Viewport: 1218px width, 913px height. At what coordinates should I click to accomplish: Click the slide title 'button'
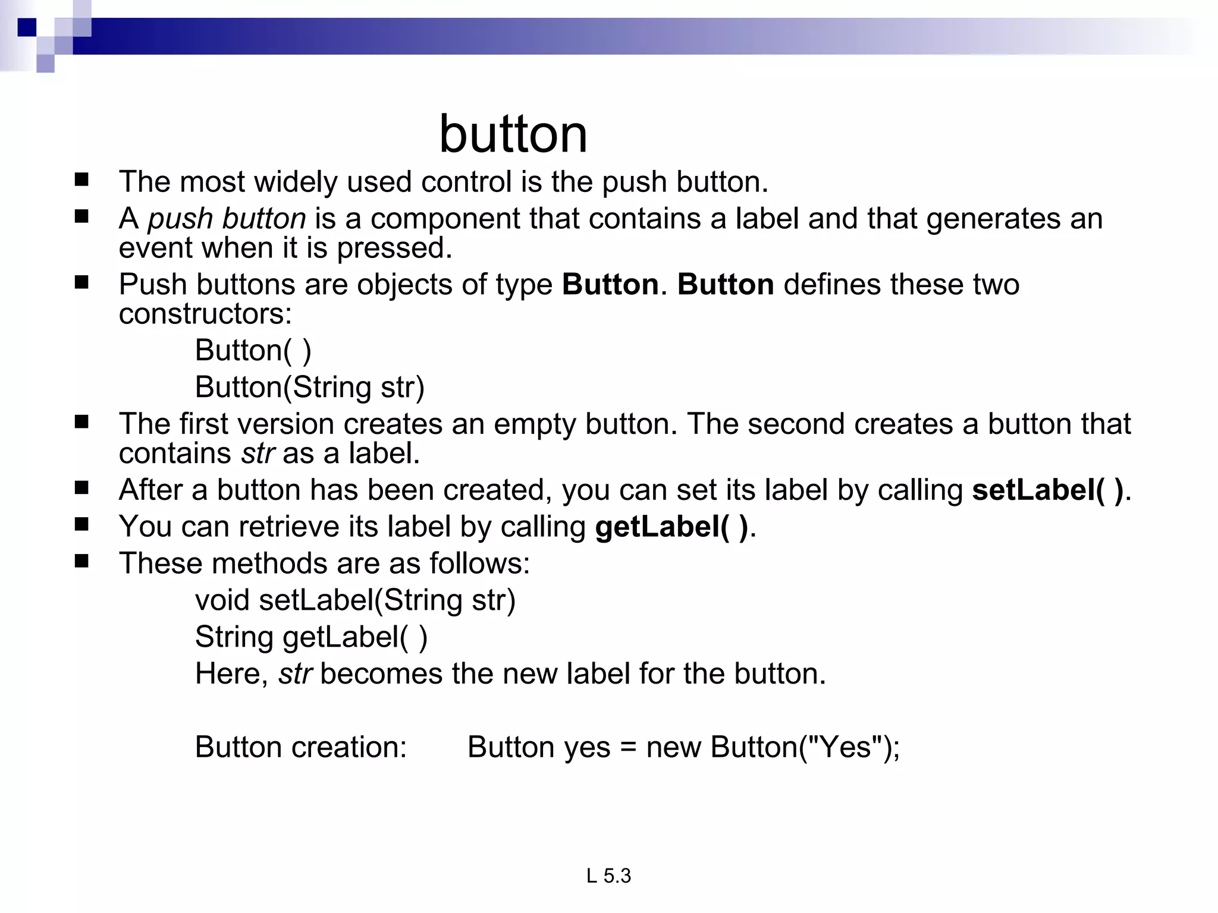click(513, 134)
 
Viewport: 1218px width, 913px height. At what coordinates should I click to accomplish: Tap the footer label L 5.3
click(608, 876)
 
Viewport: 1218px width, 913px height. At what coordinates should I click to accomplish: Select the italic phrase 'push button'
click(227, 219)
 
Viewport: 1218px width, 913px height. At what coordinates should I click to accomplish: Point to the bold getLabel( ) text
click(671, 527)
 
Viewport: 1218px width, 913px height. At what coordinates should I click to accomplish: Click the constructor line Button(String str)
click(309, 387)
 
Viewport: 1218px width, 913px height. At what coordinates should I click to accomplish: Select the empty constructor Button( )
click(253, 350)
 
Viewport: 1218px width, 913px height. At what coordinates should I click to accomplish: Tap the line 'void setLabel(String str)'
click(355, 600)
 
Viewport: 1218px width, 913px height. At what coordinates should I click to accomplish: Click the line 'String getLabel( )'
click(311, 637)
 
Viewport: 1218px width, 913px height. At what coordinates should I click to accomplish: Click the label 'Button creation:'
click(300, 747)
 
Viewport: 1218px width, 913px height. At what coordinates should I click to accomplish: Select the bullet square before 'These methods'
click(81, 562)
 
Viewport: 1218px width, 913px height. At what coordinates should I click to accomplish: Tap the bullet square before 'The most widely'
click(81, 180)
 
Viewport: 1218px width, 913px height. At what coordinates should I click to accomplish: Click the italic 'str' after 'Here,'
click(295, 674)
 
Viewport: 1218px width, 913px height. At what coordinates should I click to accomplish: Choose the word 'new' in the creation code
click(673, 747)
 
